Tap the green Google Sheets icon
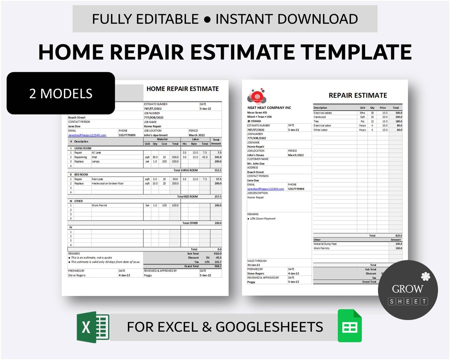(x=350, y=326)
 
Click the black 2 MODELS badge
(x=61, y=93)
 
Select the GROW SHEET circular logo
(x=408, y=290)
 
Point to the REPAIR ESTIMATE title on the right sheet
(x=358, y=95)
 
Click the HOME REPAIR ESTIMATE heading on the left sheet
(x=182, y=89)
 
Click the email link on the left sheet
(x=87, y=135)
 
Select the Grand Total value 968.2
(x=217, y=266)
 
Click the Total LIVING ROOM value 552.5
(x=217, y=170)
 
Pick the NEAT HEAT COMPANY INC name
(x=269, y=108)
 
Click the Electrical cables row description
(x=322, y=113)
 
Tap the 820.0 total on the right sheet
(x=398, y=235)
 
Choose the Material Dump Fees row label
(x=325, y=244)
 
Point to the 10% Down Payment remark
(x=262, y=218)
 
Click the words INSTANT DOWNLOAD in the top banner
(x=287, y=19)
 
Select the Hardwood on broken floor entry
(x=108, y=183)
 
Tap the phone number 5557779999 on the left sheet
(x=127, y=135)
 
